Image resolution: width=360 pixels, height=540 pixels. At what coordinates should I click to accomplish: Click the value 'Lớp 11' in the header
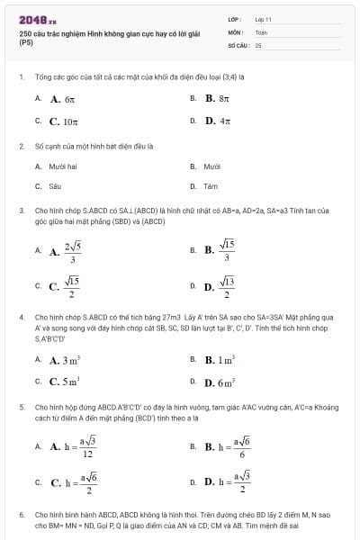pyautogui.click(x=264, y=19)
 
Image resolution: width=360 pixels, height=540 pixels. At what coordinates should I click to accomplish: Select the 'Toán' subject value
pyautogui.click(x=261, y=31)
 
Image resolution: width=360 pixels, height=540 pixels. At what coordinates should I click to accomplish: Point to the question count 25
pyautogui.click(x=258, y=44)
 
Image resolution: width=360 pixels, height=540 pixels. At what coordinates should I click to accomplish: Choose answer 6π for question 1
pyautogui.click(x=68, y=99)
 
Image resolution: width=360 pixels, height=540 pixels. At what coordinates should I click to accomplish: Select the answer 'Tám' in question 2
pyautogui.click(x=211, y=186)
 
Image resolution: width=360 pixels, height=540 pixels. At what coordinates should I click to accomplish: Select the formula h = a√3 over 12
pyautogui.click(x=76, y=445)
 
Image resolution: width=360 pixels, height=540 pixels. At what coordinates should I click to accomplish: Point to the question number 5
pyautogui.click(x=21, y=407)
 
